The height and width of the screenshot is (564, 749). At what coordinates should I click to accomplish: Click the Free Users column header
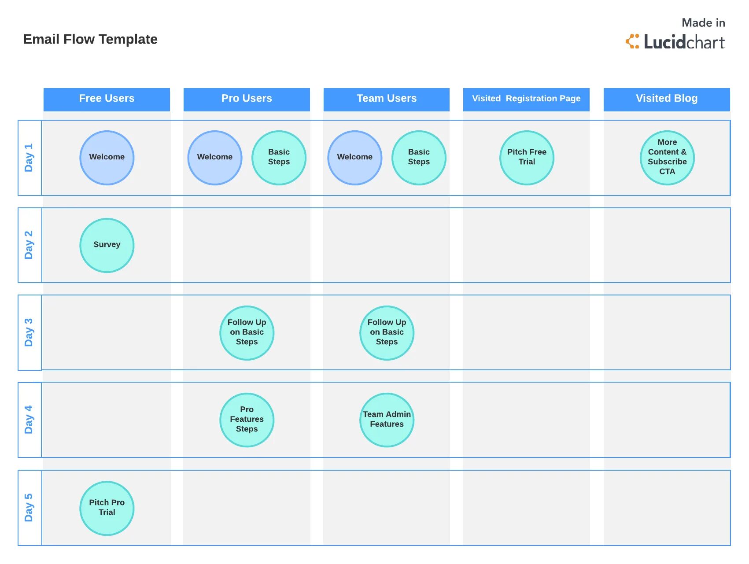[x=107, y=99]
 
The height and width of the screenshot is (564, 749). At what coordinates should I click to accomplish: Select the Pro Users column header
[x=247, y=99]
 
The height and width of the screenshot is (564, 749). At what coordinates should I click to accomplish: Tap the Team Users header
[x=386, y=99]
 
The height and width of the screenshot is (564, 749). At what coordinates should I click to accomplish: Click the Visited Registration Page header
[x=526, y=99]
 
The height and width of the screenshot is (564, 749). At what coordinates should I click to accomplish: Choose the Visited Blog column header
[x=666, y=99]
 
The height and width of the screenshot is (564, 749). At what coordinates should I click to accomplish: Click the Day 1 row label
[x=29, y=158]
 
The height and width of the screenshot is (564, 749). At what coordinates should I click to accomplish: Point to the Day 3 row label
[x=29, y=332]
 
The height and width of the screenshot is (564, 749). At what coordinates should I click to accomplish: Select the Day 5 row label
[x=29, y=508]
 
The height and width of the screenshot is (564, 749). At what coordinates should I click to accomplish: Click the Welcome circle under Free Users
[x=107, y=157]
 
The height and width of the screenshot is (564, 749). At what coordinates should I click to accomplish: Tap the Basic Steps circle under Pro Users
[x=279, y=157]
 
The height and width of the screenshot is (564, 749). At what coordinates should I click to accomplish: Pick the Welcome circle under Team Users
[x=354, y=157]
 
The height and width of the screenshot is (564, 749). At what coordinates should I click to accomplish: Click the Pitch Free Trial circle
[x=527, y=157]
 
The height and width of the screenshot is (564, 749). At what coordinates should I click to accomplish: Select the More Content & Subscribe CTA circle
[x=667, y=157]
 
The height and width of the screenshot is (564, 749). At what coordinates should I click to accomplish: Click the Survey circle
[x=107, y=245]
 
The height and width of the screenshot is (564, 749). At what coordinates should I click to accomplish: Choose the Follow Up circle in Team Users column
[x=387, y=332]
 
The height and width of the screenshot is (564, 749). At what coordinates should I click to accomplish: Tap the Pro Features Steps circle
[x=247, y=420]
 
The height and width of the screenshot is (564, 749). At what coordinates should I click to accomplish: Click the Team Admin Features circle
[x=387, y=420]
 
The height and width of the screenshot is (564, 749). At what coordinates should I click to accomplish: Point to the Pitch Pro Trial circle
[x=107, y=508]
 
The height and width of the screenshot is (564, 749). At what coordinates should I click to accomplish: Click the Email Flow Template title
[x=90, y=39]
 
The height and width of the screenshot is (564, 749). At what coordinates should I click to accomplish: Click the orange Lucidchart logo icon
[x=632, y=41]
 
